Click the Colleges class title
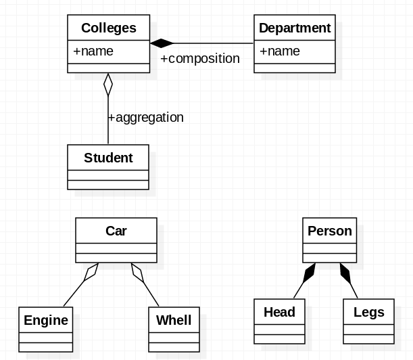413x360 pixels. pyautogui.click(x=108, y=28)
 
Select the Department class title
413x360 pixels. pyautogui.click(x=295, y=28)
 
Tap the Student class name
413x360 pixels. pyautogui.click(x=108, y=158)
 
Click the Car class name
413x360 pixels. pyautogui.click(x=116, y=231)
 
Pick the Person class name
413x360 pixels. pyautogui.click(x=329, y=231)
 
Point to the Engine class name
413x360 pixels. pyautogui.click(x=46, y=320)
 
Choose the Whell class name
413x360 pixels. pyautogui.click(x=174, y=320)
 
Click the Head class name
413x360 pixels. pyautogui.click(x=279, y=312)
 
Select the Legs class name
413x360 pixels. pyautogui.click(x=368, y=312)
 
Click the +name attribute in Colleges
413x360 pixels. pyautogui.click(x=93, y=51)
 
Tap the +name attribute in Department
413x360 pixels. pyautogui.click(x=280, y=51)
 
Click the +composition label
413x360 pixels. pyautogui.click(x=200, y=59)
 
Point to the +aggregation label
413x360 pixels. pyautogui.click(x=146, y=117)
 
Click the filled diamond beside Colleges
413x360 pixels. pyautogui.click(x=161, y=43)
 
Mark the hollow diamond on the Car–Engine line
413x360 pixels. pyautogui.click(x=91, y=272)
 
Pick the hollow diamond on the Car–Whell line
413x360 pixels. pyautogui.click(x=138, y=272)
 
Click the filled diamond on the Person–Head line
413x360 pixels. pyautogui.click(x=310, y=272)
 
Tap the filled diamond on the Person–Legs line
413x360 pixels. pyautogui.click(x=345, y=272)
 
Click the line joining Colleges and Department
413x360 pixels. pyautogui.click(x=213, y=43)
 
